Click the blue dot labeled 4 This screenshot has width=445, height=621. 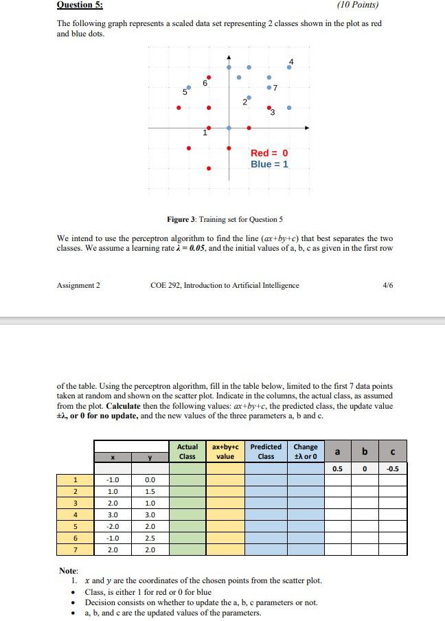click(288, 68)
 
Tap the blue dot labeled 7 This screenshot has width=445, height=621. click(269, 87)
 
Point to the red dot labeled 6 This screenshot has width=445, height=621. click(209, 77)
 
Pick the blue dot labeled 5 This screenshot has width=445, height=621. click(189, 87)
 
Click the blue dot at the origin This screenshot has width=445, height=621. click(229, 127)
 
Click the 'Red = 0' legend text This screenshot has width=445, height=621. click(269, 153)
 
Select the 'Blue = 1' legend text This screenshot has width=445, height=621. click(269, 164)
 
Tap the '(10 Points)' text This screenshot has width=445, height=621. click(358, 5)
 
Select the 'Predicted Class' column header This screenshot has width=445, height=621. click(265, 451)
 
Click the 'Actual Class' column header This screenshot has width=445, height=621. click(187, 451)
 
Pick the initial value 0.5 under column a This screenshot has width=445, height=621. click(337, 469)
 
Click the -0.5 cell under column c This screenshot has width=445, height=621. click(392, 469)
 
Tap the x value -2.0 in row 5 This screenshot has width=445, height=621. click(113, 526)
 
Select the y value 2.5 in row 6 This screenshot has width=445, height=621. click(150, 538)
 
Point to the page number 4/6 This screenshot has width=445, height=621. click(385, 285)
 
